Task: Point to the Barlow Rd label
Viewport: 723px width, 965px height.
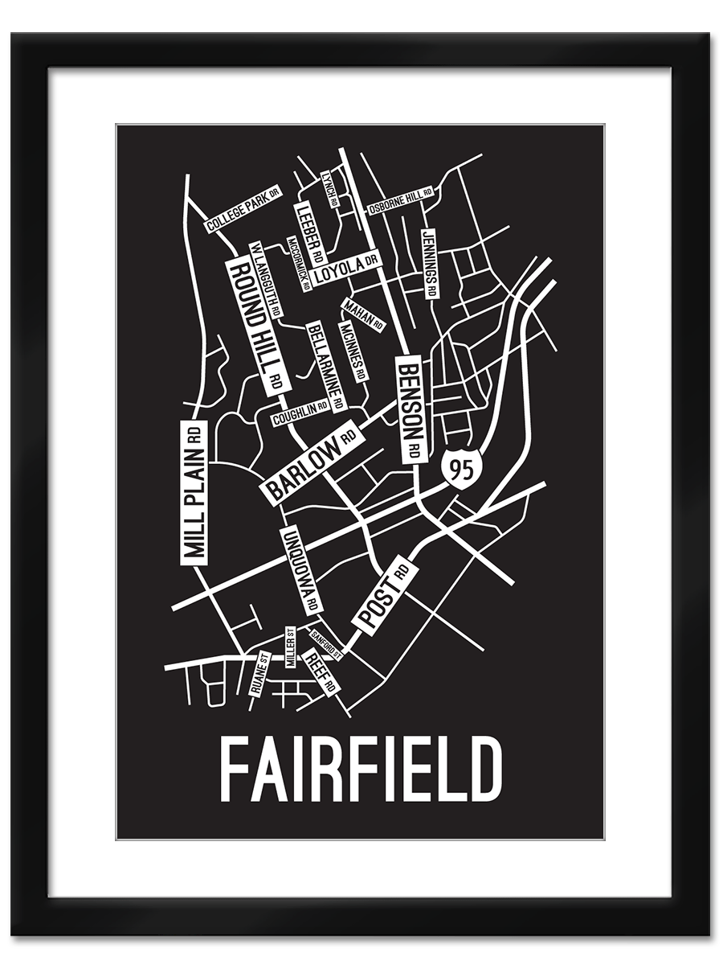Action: pos(311,462)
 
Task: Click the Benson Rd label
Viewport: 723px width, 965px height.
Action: pos(410,409)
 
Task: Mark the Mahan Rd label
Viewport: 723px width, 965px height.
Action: pos(363,314)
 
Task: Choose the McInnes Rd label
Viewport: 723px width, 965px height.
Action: pos(353,351)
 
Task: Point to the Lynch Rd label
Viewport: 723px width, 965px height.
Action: pos(329,188)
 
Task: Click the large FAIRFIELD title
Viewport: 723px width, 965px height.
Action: pos(361,769)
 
